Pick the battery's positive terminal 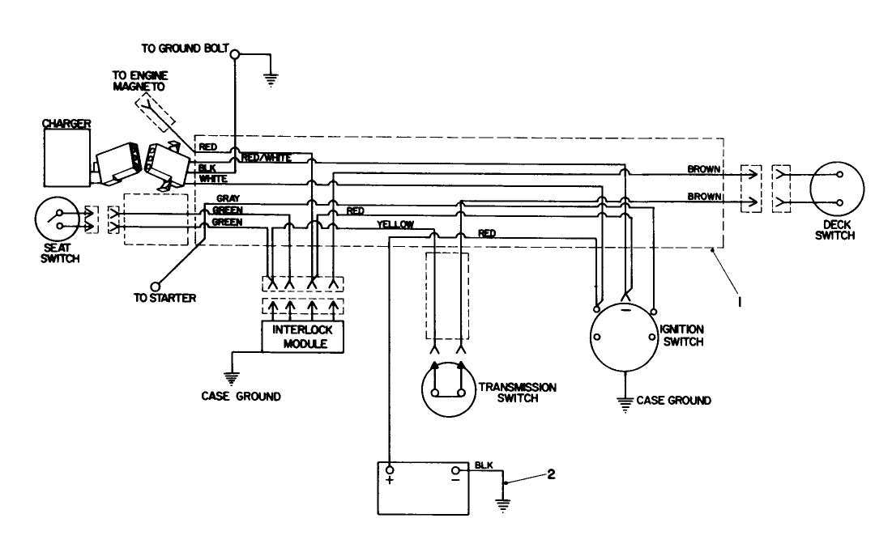click(390, 470)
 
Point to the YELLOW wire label click(395, 224)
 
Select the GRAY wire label click(228, 198)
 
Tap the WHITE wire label click(213, 178)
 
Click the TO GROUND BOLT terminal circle click(235, 55)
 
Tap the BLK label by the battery click(484, 464)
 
